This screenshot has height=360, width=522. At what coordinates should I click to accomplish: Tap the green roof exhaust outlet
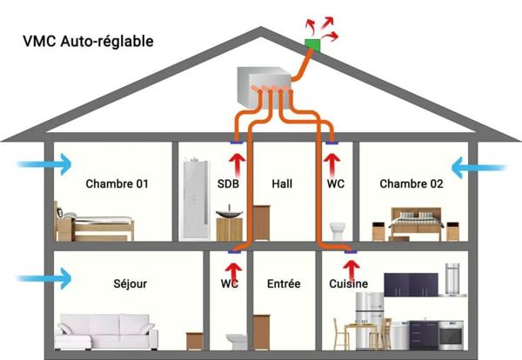tap(311, 43)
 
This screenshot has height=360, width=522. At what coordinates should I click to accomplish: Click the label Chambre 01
tap(117, 184)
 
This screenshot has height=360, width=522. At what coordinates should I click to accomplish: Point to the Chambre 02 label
tap(412, 184)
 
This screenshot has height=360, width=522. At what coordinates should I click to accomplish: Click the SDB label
tap(229, 184)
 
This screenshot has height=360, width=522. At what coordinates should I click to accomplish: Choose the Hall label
tap(282, 184)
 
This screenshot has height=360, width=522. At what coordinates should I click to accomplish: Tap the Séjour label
tap(130, 283)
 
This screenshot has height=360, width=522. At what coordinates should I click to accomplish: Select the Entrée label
tap(284, 283)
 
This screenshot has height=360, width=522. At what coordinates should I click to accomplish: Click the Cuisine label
tap(348, 283)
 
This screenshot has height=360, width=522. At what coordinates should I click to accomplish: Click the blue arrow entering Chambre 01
tap(43, 164)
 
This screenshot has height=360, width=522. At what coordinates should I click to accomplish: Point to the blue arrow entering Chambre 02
tap(478, 164)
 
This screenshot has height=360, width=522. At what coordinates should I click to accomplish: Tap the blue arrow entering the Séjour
tap(43, 279)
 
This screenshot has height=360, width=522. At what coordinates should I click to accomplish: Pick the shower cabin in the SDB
tap(193, 198)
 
